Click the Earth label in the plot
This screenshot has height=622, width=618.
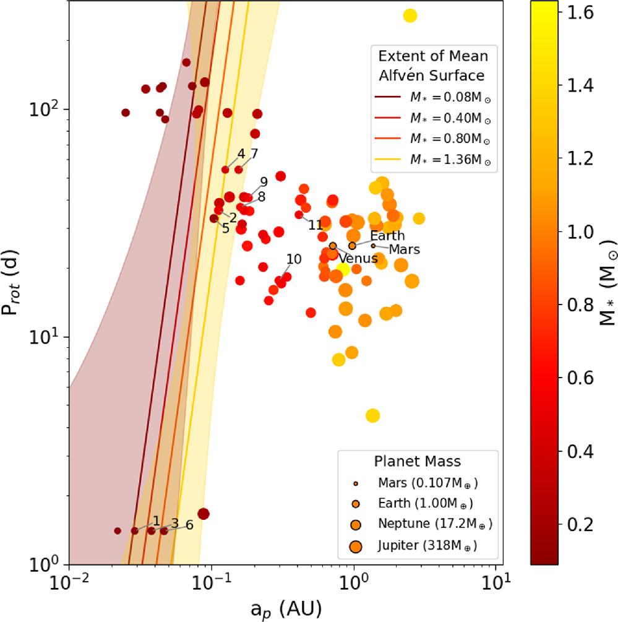(387, 236)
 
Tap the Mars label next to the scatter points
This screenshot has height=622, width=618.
(405, 250)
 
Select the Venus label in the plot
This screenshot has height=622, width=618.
(358, 259)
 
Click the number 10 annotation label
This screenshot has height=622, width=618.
(294, 259)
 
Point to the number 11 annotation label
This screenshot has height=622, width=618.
(316, 225)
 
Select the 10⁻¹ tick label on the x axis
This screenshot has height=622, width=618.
(212, 584)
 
